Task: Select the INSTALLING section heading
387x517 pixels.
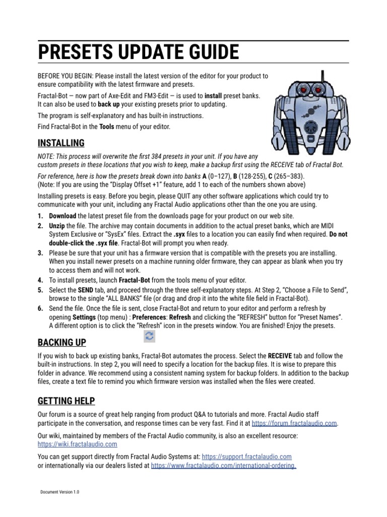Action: click(61, 143)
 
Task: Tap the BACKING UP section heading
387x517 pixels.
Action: click(62, 343)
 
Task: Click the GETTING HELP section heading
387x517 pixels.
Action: click(66, 401)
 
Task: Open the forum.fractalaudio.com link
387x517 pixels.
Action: click(294, 423)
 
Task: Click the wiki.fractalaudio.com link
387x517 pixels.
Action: click(78, 444)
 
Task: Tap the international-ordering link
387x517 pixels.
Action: click(223, 465)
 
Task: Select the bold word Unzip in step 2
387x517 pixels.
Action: click(57, 226)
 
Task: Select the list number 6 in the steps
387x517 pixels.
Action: click(41, 308)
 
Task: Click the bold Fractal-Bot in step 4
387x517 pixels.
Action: click(136, 280)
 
